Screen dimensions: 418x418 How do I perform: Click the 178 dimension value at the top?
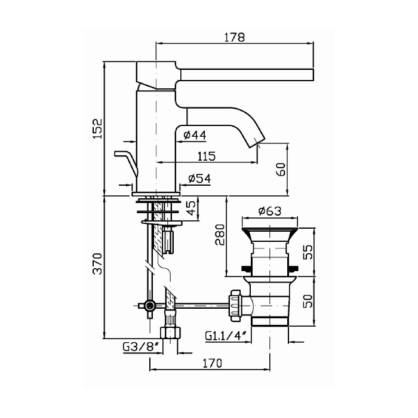[x=234, y=37]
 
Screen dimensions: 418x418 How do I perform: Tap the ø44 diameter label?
[x=195, y=135]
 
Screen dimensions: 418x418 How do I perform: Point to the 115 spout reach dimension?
[x=207, y=156]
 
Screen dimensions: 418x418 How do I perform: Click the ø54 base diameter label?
[x=199, y=179]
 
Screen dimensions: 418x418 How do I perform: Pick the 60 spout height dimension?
[x=281, y=169]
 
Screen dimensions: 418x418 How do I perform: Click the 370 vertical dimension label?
[x=97, y=264]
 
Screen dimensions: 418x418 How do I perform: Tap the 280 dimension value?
[x=220, y=235]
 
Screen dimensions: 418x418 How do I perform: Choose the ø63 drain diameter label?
[x=270, y=211]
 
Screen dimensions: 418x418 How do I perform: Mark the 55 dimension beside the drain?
[x=308, y=252]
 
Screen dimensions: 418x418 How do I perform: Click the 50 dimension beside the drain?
[x=308, y=301]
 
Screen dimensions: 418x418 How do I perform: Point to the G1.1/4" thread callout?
[x=225, y=335]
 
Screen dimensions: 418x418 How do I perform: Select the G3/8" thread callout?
[x=141, y=347]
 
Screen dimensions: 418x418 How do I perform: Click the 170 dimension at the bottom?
[x=213, y=363]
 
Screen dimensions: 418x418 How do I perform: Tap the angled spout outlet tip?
[x=257, y=141]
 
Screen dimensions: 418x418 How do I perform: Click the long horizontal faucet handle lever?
[x=247, y=75]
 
